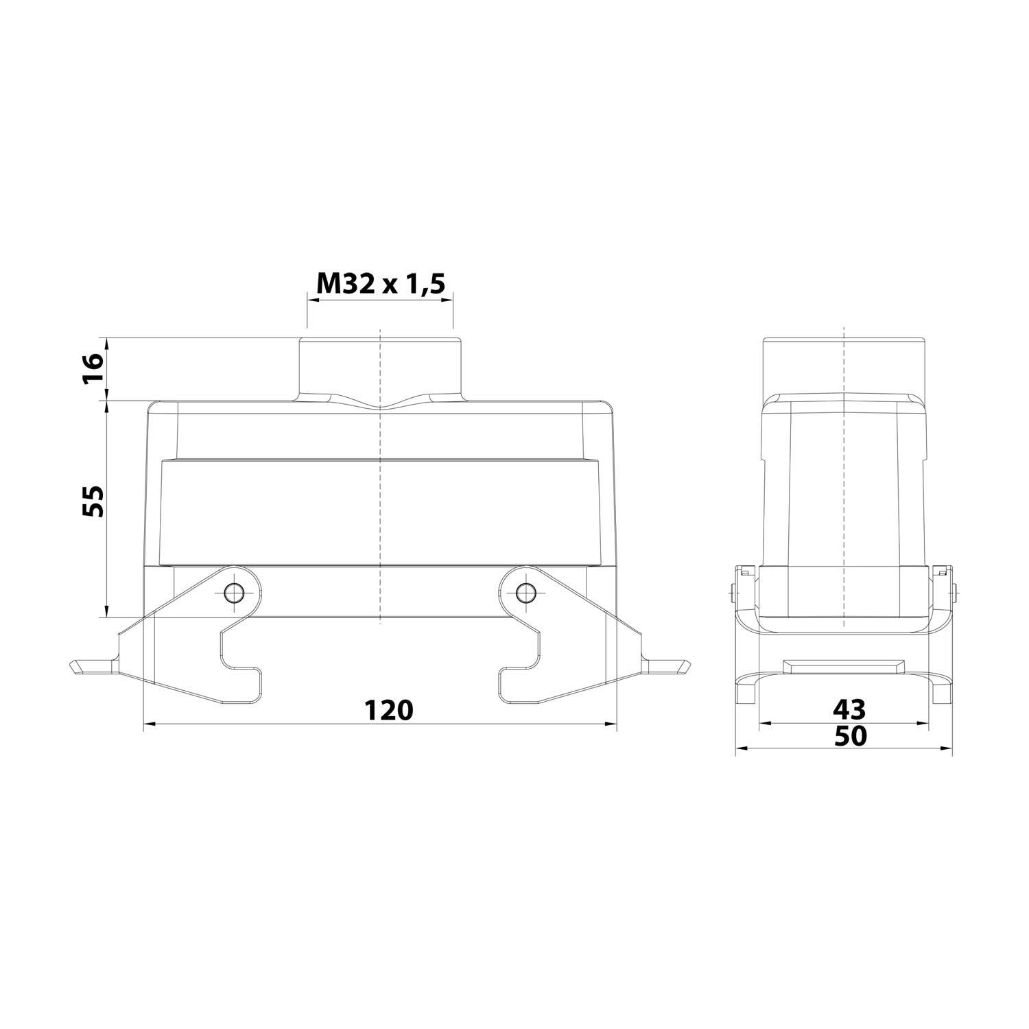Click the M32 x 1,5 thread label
(x=380, y=283)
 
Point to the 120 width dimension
(x=388, y=710)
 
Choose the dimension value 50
(x=851, y=736)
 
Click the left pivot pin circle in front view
(x=235, y=591)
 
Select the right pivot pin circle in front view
(x=525, y=591)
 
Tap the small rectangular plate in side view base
(x=843, y=665)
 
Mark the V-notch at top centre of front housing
(x=379, y=407)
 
